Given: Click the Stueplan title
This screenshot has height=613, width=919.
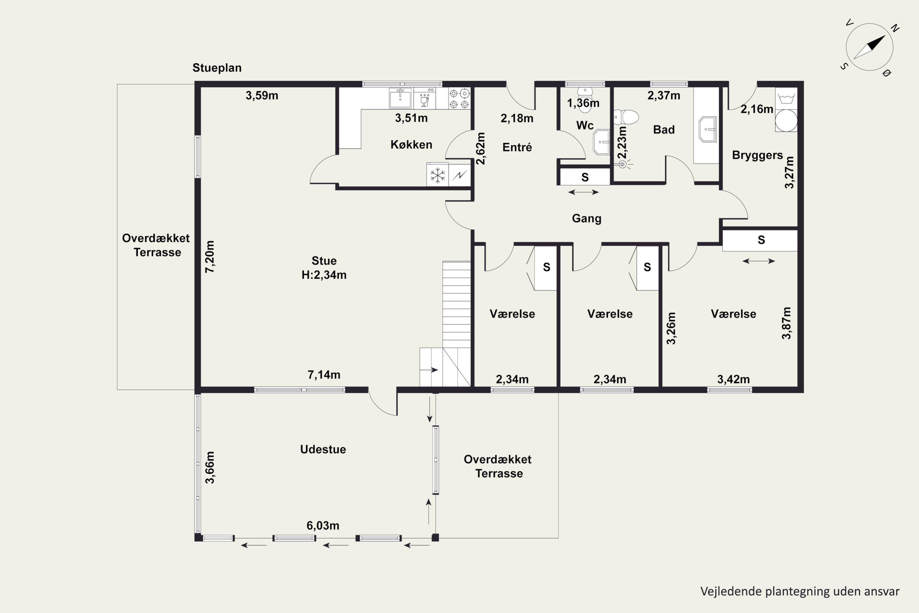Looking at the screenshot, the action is pyautogui.click(x=217, y=68).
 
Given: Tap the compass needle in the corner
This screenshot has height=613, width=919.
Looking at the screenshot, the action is pyautogui.click(x=869, y=47).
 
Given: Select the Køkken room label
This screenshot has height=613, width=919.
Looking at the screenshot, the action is pyautogui.click(x=411, y=145).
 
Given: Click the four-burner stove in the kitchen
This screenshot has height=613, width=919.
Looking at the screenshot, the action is pyautogui.click(x=459, y=98).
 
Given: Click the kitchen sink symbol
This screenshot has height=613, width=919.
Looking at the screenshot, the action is pyautogui.click(x=400, y=98).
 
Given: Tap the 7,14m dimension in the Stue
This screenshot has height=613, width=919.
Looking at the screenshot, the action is pyautogui.click(x=324, y=375).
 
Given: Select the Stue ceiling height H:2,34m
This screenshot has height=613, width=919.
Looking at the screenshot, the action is pyautogui.click(x=324, y=275).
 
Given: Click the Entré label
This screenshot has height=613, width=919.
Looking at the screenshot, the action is pyautogui.click(x=517, y=147).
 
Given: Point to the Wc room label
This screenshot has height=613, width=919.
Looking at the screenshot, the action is pyautogui.click(x=585, y=125).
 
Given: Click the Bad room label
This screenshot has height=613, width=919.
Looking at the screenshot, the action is pyautogui.click(x=664, y=130).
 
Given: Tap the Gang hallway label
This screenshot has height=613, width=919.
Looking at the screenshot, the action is pyautogui.click(x=587, y=219).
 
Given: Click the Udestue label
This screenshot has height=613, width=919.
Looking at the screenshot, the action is pyautogui.click(x=323, y=450).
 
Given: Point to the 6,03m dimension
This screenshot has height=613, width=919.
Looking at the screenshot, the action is pyautogui.click(x=323, y=526).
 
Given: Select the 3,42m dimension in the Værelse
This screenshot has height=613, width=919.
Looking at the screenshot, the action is pyautogui.click(x=733, y=379).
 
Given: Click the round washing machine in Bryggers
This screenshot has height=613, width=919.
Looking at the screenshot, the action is pyautogui.click(x=786, y=120).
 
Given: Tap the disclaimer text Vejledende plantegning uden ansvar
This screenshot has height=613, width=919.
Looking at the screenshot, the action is pyautogui.click(x=800, y=591).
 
